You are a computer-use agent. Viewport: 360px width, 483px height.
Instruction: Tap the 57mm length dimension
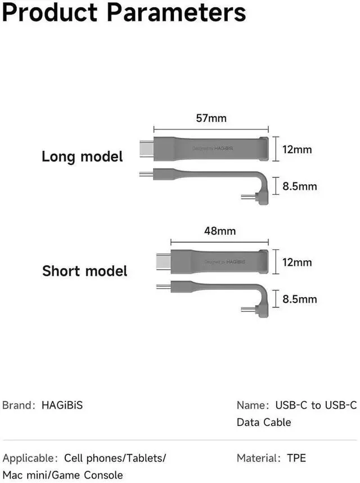coord(211,119)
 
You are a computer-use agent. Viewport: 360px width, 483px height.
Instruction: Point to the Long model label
coord(82,156)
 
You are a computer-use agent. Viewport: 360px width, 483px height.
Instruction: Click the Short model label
coord(85,271)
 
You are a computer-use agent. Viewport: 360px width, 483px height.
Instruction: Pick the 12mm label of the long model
coord(297,150)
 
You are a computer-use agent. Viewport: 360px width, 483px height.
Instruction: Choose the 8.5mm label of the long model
coord(300,186)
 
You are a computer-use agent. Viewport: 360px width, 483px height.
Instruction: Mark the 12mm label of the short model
coord(297,262)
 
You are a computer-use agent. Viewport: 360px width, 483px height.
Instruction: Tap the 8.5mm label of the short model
coord(300,299)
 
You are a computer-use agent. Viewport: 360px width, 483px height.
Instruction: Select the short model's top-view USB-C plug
coord(164,261)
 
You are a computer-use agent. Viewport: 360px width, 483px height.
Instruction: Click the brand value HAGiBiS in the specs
coord(62,405)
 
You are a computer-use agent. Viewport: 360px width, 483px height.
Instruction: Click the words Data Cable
coord(264,422)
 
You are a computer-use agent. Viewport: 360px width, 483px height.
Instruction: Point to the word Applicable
coord(29,458)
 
